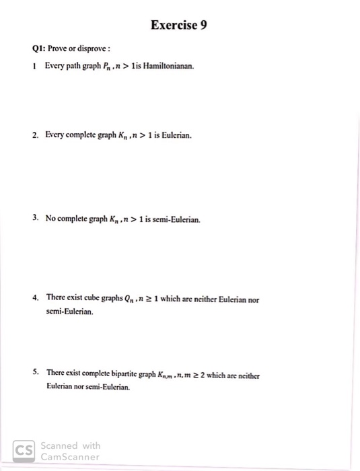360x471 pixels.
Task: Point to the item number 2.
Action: [34, 135]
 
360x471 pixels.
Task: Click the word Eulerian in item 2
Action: [175, 135]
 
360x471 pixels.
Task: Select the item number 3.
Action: [34, 219]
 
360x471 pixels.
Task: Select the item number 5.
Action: [34, 372]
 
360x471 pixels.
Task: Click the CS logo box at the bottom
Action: [25, 450]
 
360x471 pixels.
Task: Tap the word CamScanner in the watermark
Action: [71, 456]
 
